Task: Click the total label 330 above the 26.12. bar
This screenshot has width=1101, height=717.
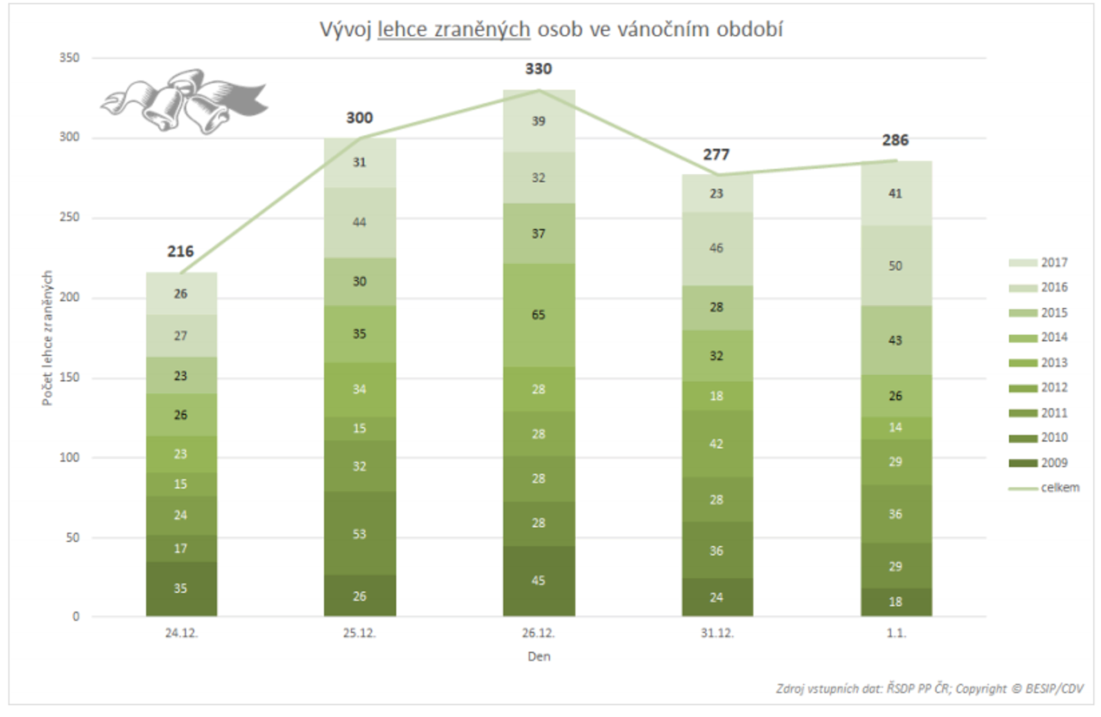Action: [x=538, y=69]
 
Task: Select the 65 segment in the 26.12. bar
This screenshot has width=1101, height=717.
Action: [x=539, y=315]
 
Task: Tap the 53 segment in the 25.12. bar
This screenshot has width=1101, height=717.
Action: [x=360, y=534]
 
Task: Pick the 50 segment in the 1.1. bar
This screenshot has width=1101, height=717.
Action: [x=895, y=266]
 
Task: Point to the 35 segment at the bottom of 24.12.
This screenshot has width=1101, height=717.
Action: [x=180, y=589]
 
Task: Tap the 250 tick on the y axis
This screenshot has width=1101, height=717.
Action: [x=69, y=217]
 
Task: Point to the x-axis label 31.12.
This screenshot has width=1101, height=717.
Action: [x=717, y=633]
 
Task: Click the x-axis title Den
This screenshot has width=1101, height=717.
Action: [x=539, y=656]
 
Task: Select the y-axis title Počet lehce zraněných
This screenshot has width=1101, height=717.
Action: [x=47, y=338]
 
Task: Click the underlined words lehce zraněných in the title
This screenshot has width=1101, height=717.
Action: [x=453, y=30]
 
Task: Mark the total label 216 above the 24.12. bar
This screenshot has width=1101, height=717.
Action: [x=180, y=252]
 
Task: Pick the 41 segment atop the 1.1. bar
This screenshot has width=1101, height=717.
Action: [x=895, y=194]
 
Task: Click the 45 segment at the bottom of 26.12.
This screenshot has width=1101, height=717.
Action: [x=539, y=581]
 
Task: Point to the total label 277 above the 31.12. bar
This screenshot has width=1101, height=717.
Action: [x=716, y=155]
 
